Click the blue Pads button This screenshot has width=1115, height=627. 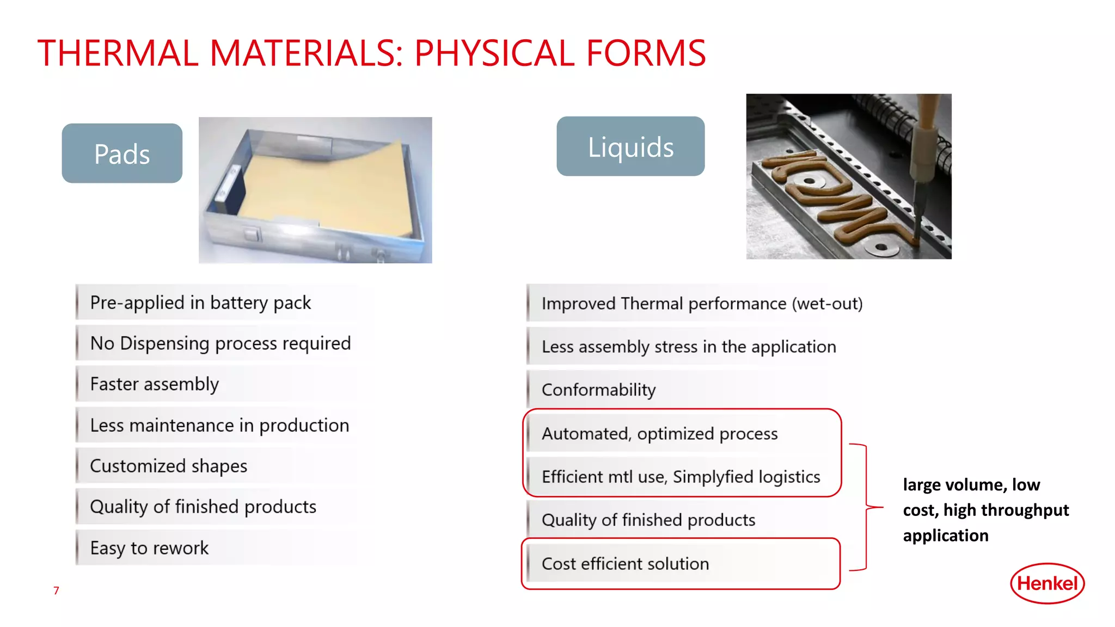coord(122,153)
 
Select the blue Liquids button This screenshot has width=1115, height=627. coord(630,146)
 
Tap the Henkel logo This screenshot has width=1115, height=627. coord(1047,583)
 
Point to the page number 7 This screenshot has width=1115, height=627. coord(56,591)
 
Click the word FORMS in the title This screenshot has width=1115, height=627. coord(646,53)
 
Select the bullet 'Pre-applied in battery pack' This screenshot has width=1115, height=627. coord(200,303)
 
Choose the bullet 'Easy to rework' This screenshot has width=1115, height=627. coord(149,548)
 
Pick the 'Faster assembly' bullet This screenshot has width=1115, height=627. coord(155,384)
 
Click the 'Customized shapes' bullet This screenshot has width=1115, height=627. coord(169,466)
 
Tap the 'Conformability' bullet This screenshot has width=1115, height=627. coord(599,390)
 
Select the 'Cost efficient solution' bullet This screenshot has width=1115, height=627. coord(625,564)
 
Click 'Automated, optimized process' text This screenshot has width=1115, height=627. coord(659,434)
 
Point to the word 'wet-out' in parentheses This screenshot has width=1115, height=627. coord(827,304)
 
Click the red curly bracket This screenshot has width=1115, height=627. coord(866,507)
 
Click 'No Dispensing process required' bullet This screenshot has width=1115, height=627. coord(220,343)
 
